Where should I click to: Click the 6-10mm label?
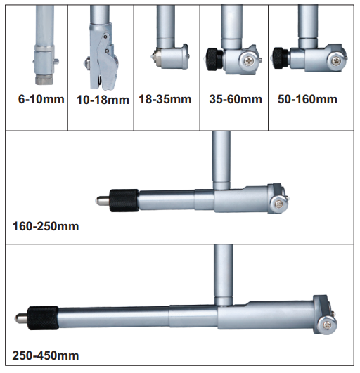[x=41, y=99]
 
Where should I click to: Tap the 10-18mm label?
[x=103, y=100]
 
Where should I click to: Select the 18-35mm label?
[x=165, y=99]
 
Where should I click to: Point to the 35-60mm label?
[x=236, y=99]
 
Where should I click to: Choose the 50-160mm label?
[x=307, y=99]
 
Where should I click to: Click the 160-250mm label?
[x=46, y=226]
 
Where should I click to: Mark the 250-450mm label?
[x=46, y=355]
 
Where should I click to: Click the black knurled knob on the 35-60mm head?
[x=214, y=59]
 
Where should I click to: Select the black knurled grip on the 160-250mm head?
[x=124, y=200]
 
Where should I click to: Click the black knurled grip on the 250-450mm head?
[x=43, y=318]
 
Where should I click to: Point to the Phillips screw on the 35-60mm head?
[x=249, y=60]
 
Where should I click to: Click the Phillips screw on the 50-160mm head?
[x=336, y=60]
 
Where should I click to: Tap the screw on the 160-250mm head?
[x=279, y=204]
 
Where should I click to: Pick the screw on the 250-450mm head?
[x=327, y=324]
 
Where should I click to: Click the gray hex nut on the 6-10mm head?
[x=44, y=79]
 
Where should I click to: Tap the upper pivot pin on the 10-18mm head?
[x=105, y=37]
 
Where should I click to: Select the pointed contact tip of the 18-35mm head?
[x=153, y=57]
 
